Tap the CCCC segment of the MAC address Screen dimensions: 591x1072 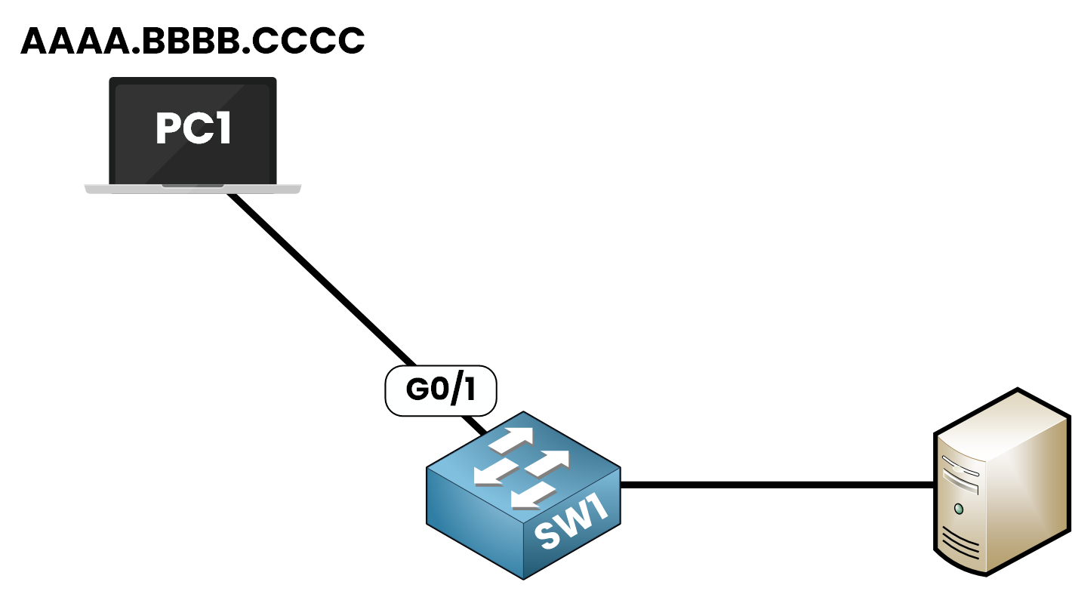[x=309, y=42]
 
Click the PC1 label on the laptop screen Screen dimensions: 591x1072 [x=193, y=129]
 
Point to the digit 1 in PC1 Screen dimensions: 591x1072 [x=222, y=129]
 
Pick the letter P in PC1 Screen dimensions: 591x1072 [x=168, y=129]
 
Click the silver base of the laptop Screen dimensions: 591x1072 [x=113, y=189]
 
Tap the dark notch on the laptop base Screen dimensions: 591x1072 [x=193, y=185]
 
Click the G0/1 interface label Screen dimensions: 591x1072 [x=441, y=389]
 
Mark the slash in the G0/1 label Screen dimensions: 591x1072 [x=456, y=389]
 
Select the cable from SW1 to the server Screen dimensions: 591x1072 [x=778, y=485]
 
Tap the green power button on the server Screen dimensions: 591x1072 [x=959, y=509]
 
